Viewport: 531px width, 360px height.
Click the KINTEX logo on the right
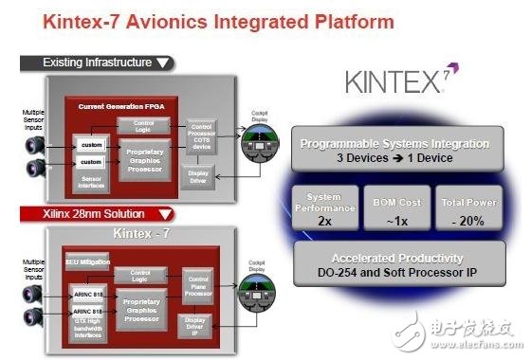coord(394,82)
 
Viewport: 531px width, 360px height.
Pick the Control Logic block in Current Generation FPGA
coord(144,124)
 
